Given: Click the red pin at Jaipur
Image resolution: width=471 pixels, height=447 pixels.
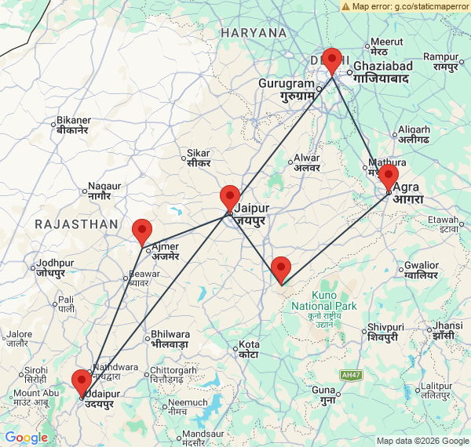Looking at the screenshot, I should pos(230,198).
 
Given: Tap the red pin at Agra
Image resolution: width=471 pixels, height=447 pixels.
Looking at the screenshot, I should pos(388,178).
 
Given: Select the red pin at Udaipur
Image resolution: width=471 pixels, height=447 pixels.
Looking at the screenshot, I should pos(82,383).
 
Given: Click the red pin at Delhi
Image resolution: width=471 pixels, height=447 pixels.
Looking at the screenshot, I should pos(332,60).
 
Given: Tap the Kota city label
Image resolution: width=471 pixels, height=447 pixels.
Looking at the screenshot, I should pos(250,349).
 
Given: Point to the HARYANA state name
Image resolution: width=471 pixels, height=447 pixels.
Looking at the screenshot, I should pos(254,33).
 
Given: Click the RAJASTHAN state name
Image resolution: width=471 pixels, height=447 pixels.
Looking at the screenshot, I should pos(76,224).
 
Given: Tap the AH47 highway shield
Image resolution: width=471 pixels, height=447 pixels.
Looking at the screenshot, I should pos(350,376).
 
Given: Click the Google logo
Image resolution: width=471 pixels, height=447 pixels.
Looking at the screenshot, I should pos(26,438).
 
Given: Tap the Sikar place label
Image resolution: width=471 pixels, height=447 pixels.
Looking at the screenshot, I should pos(197,158).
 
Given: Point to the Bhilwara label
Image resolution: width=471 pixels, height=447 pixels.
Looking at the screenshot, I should pos(170,338).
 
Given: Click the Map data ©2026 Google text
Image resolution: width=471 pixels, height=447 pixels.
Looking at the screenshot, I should pos(422,441).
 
